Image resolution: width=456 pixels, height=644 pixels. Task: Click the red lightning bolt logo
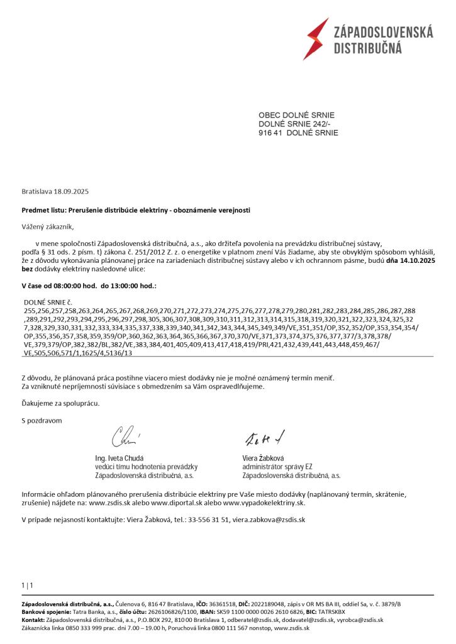pos(316,38)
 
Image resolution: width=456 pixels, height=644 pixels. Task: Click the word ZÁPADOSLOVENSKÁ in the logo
pos(383,32)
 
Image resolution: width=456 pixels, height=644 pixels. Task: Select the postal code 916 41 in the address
pos(270,133)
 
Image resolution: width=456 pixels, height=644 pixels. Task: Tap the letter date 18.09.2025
pos(72,191)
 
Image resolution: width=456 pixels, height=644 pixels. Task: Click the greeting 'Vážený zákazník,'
pos(52,226)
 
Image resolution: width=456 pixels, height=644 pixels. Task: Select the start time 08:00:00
pos(65,286)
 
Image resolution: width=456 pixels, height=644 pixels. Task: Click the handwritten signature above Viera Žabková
pos(265,436)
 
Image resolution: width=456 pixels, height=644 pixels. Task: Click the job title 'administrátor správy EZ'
pos(277,467)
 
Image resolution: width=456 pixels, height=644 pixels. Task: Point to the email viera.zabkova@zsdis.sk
pos(269,520)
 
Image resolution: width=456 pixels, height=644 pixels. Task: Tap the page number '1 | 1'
pos(27,586)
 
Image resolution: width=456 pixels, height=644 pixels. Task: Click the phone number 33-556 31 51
pos(207,520)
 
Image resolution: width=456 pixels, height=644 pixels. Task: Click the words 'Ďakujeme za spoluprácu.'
pos(60,402)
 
